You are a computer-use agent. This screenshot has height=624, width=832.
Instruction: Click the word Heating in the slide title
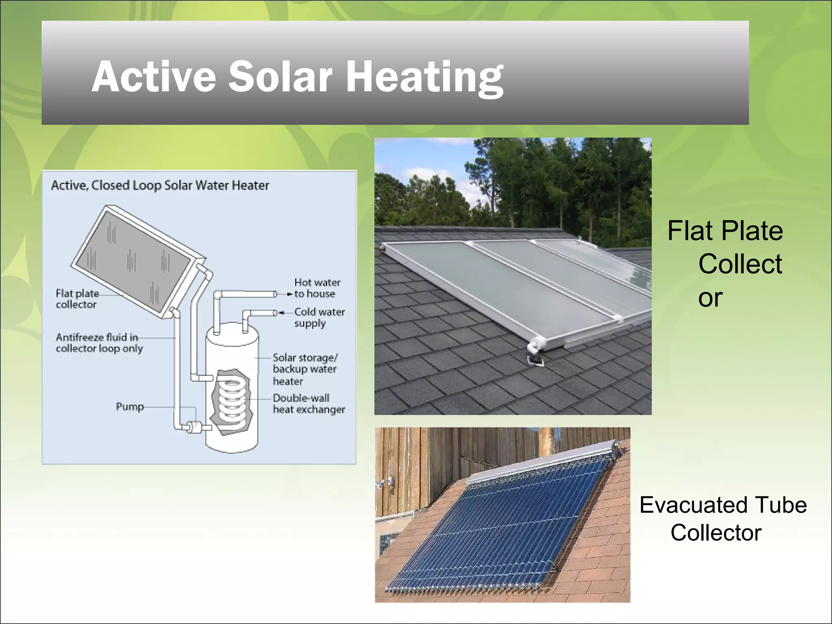(x=424, y=77)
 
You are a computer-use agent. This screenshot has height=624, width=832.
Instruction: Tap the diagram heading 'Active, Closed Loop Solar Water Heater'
(x=160, y=186)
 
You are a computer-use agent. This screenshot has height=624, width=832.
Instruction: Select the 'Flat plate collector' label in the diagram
(x=77, y=299)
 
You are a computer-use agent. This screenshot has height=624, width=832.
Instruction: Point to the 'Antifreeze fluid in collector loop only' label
(x=99, y=343)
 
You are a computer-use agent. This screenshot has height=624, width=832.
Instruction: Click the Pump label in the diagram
(x=130, y=407)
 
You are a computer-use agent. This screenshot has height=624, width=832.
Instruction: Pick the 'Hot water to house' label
(x=317, y=288)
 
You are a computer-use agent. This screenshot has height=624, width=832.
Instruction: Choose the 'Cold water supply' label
(x=319, y=317)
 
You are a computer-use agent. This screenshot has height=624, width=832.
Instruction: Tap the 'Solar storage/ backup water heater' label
(x=305, y=369)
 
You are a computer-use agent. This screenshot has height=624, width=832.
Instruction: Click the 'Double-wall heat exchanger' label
(x=308, y=403)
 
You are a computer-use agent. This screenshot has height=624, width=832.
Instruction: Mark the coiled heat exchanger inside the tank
(x=232, y=396)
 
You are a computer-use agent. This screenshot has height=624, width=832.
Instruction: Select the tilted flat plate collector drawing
(x=134, y=260)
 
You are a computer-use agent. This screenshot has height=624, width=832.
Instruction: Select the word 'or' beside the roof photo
(x=710, y=298)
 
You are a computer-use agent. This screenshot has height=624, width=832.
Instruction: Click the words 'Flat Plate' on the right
(x=725, y=231)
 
